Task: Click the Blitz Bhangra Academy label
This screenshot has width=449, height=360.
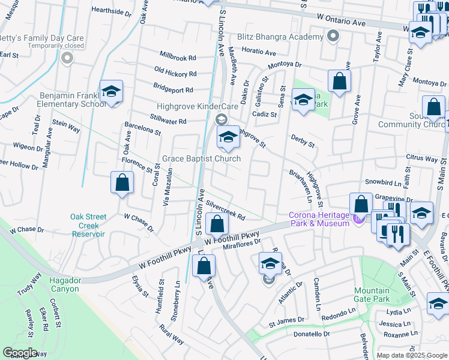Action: tap(280, 37)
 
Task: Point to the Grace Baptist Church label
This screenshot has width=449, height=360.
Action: tap(201, 159)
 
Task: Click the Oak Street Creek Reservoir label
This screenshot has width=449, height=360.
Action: tap(88, 225)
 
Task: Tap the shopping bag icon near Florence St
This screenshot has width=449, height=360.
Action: tap(122, 183)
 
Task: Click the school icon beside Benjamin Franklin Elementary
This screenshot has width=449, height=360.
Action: tap(111, 92)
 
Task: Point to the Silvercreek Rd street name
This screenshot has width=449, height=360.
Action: tap(225, 210)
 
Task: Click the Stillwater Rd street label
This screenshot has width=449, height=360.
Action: tap(169, 121)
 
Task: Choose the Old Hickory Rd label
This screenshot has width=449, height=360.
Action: tap(175, 73)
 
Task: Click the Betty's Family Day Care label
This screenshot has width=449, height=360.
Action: tap(41, 38)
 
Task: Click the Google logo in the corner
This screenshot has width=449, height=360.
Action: tap(20, 353)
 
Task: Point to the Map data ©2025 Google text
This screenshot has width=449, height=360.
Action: tap(411, 355)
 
